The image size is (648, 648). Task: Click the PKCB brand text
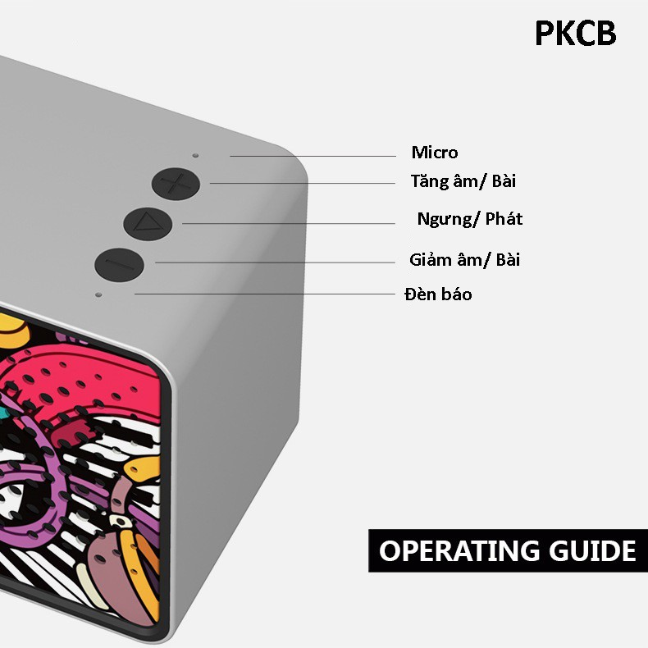[575, 33]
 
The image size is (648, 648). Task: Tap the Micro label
[435, 153]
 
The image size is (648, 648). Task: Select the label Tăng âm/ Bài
[463, 181]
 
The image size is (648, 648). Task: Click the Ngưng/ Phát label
[470, 219]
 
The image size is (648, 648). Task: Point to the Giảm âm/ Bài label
[464, 260]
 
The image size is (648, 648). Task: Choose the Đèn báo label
[438, 294]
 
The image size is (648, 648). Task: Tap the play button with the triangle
[148, 224]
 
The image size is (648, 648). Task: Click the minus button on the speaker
[119, 264]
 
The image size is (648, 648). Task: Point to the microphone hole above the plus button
[195, 155]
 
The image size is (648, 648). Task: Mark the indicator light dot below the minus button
[98, 294]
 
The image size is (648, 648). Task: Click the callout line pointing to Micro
[313, 156]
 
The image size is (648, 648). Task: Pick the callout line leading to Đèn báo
[264, 294]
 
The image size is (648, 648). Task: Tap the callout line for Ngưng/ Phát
[289, 224]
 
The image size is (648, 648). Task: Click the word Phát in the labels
[504, 219]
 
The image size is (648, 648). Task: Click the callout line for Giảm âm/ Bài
[276, 262]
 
